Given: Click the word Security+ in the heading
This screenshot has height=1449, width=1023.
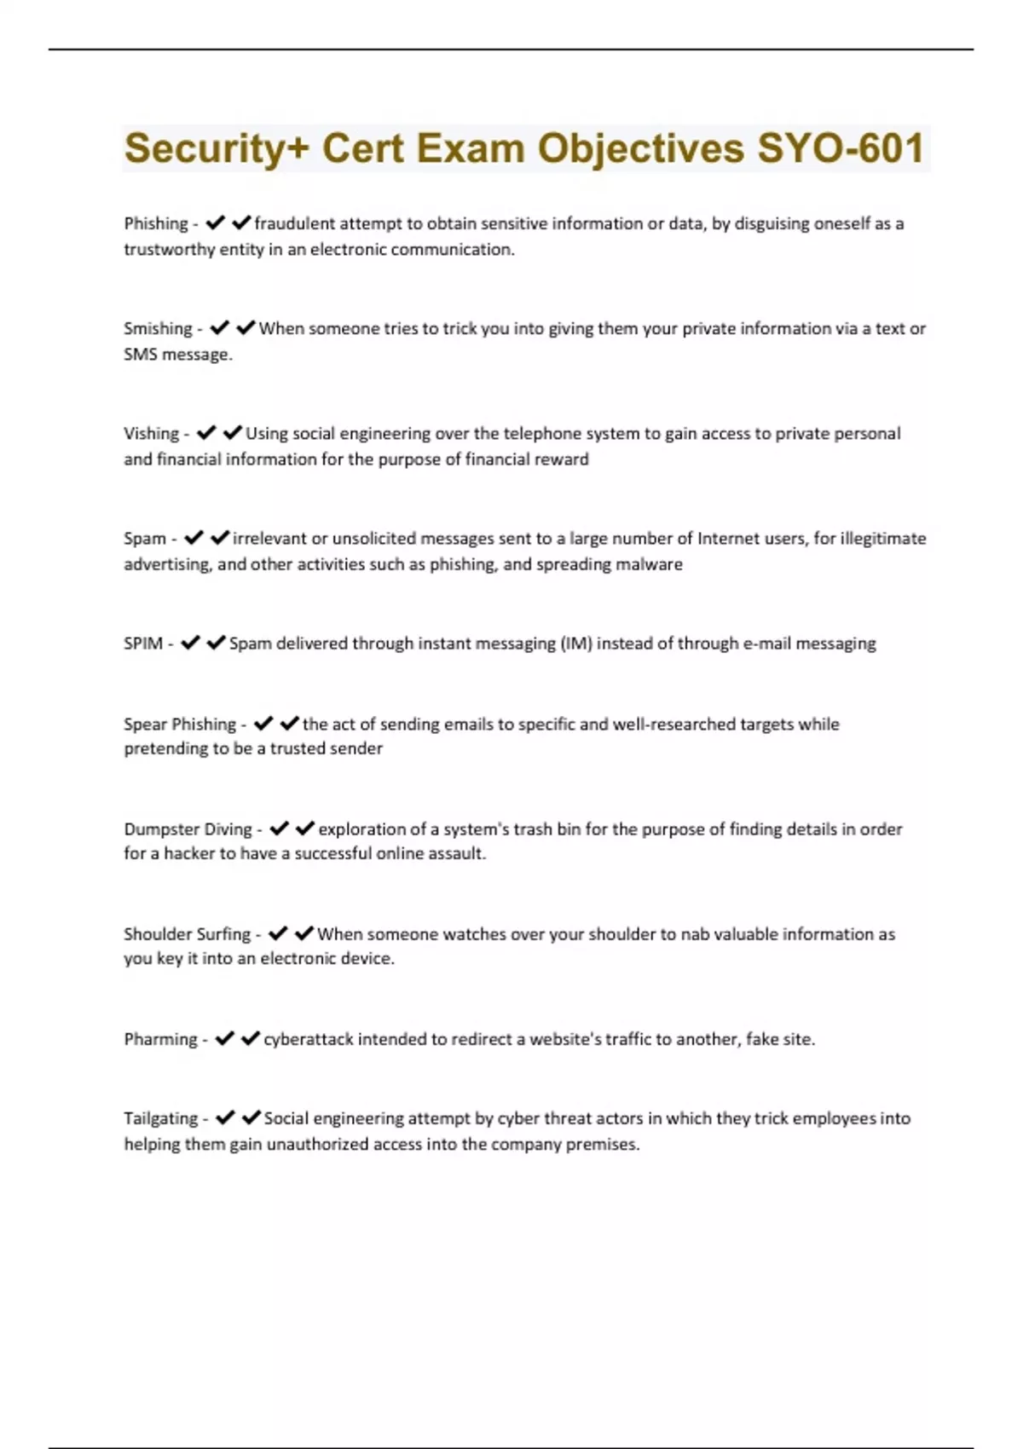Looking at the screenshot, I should click(x=217, y=148).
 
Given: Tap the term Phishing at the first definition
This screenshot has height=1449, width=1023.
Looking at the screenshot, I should click(x=156, y=223).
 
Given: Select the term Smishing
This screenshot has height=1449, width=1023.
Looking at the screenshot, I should click(x=158, y=328).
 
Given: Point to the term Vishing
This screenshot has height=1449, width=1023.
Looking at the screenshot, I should click(x=151, y=433).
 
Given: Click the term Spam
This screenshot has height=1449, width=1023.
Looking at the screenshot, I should click(x=145, y=538).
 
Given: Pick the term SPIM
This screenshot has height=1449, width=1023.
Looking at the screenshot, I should click(x=143, y=643).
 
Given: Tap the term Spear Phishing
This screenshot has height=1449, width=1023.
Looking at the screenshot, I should click(x=180, y=724).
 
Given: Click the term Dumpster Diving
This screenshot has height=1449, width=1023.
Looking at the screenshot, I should click(x=188, y=828).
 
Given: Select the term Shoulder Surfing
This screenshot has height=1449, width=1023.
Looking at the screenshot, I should click(x=187, y=933).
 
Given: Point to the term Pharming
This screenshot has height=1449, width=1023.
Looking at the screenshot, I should click(x=160, y=1038).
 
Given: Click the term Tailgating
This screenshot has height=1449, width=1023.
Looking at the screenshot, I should click(x=160, y=1117).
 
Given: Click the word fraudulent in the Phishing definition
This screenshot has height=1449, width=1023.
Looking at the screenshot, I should click(x=295, y=223).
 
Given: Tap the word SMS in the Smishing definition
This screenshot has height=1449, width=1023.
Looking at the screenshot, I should click(x=141, y=354).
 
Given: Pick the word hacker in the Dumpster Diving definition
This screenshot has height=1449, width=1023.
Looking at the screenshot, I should click(x=189, y=853).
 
